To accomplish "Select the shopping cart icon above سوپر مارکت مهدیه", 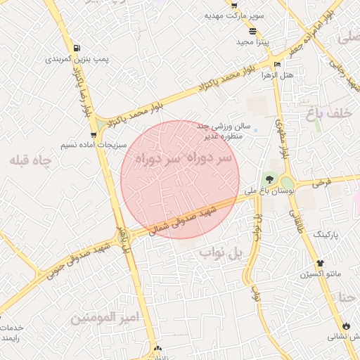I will pyautogui.click(x=233, y=4).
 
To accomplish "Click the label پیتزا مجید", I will pyautogui.click(x=249, y=41).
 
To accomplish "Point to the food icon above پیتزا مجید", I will pyautogui.click(x=252, y=31).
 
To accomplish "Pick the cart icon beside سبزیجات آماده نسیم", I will pyautogui.click(x=94, y=134).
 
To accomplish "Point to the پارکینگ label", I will pyautogui.click(x=326, y=233).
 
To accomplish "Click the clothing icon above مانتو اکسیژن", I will pyautogui.click(x=320, y=263).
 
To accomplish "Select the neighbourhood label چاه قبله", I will pyautogui.click(x=31, y=160).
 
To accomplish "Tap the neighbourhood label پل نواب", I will pyautogui.click(x=220, y=253).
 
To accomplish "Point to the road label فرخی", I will pyautogui.click(x=321, y=183).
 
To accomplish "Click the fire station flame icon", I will pyautogui.click(x=346, y=326).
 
